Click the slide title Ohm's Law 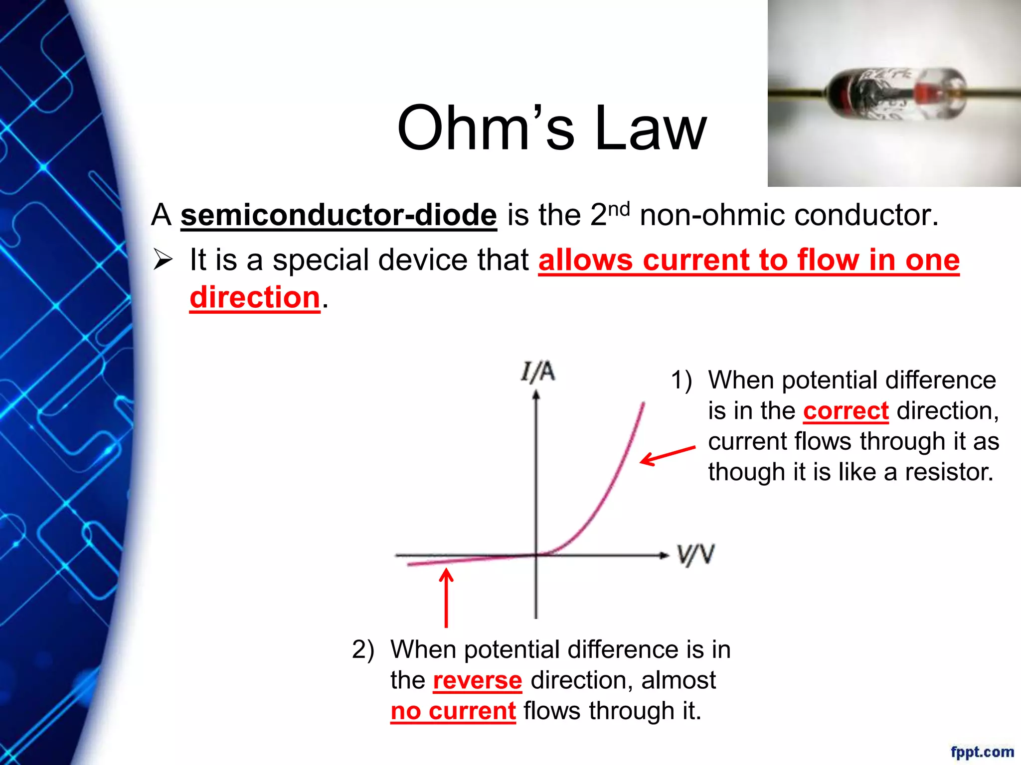(551, 128)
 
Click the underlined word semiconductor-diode (339, 215)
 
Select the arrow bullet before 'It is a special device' (163, 259)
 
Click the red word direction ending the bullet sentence (255, 297)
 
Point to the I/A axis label (537, 372)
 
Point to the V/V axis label (695, 555)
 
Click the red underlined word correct (846, 411)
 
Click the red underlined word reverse (477, 680)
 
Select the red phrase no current (453, 711)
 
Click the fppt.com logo (982, 752)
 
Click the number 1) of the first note (681, 381)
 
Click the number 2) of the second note (363, 649)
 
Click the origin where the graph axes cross (536, 554)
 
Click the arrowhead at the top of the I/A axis (536, 394)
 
